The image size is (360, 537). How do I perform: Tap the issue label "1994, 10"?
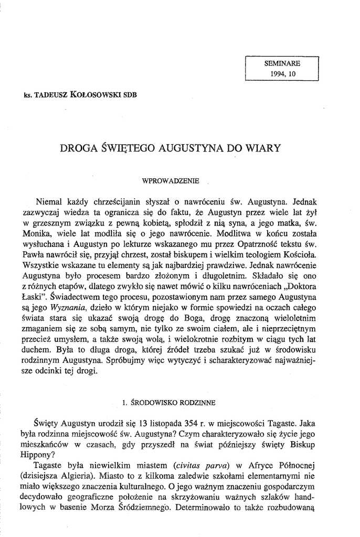click(283, 74)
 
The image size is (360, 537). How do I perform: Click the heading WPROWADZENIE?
click(171, 180)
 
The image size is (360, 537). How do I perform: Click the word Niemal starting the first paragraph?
click(48, 201)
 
